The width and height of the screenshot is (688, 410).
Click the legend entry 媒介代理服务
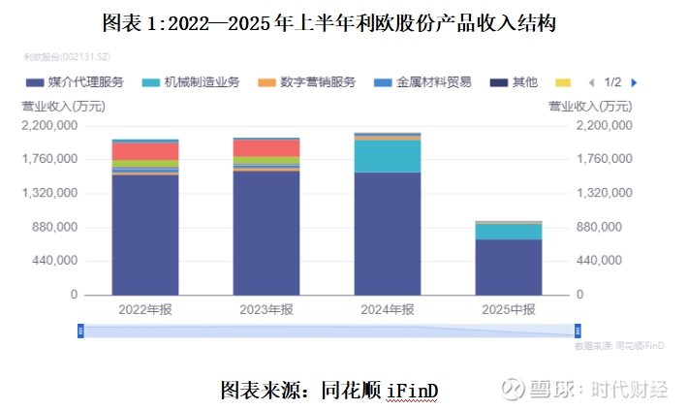pyautogui.click(x=87, y=82)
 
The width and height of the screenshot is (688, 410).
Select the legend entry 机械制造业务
pyautogui.click(x=199, y=82)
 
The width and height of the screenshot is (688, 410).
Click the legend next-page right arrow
pyautogui.click(x=634, y=82)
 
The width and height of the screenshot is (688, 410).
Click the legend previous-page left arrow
pyautogui.click(x=592, y=82)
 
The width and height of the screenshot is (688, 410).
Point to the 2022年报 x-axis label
pyautogui.click(x=145, y=310)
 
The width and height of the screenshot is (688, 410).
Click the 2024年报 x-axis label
pyautogui.click(x=387, y=310)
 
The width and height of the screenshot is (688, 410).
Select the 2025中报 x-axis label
pyautogui.click(x=508, y=310)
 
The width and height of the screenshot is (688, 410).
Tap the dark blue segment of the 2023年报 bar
pyautogui.click(x=266, y=233)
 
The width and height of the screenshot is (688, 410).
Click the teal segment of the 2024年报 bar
pyautogui.click(x=387, y=156)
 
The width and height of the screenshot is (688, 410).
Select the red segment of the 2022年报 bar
pyautogui.click(x=145, y=151)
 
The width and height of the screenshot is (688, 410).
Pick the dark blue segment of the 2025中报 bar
pyautogui.click(x=508, y=267)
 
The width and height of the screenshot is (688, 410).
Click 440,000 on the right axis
pyautogui.click(x=609, y=261)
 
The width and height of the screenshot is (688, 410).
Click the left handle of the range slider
pyautogui.click(x=81, y=331)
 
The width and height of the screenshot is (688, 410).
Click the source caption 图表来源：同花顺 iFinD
pyautogui.click(x=329, y=390)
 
